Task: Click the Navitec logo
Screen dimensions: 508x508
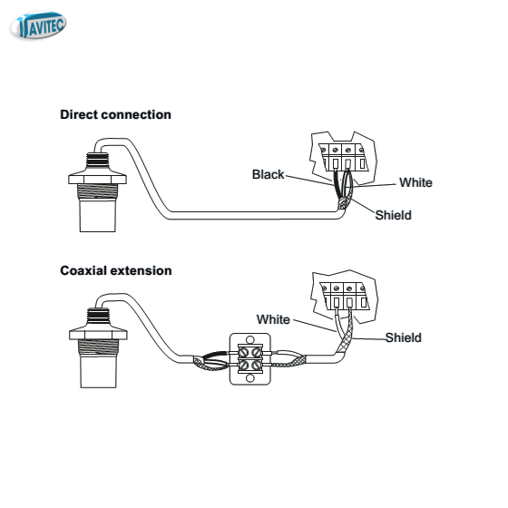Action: (38, 25)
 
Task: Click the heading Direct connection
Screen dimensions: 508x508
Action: (116, 114)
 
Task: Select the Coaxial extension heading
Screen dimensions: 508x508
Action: (116, 271)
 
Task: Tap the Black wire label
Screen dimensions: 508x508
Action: (268, 174)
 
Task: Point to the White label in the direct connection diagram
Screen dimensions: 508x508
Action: (415, 182)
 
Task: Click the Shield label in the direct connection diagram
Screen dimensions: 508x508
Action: (394, 215)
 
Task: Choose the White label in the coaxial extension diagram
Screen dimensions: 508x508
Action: (273, 319)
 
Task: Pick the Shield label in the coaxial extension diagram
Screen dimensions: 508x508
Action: (404, 337)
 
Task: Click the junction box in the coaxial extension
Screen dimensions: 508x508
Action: (250, 359)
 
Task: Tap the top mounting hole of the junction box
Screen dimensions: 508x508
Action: (250, 339)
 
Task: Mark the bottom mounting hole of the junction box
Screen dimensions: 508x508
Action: (250, 378)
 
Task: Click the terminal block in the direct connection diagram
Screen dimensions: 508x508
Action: (343, 158)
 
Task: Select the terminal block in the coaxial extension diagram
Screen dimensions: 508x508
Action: (344, 296)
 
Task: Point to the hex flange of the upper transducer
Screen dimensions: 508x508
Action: (98, 180)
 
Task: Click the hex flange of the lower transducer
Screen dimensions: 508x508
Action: (98, 335)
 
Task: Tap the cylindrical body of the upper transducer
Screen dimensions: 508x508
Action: (98, 215)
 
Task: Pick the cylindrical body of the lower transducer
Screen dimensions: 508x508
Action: (98, 371)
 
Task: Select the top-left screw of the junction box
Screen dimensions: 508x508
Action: (244, 352)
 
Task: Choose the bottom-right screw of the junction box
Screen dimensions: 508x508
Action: (257, 365)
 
